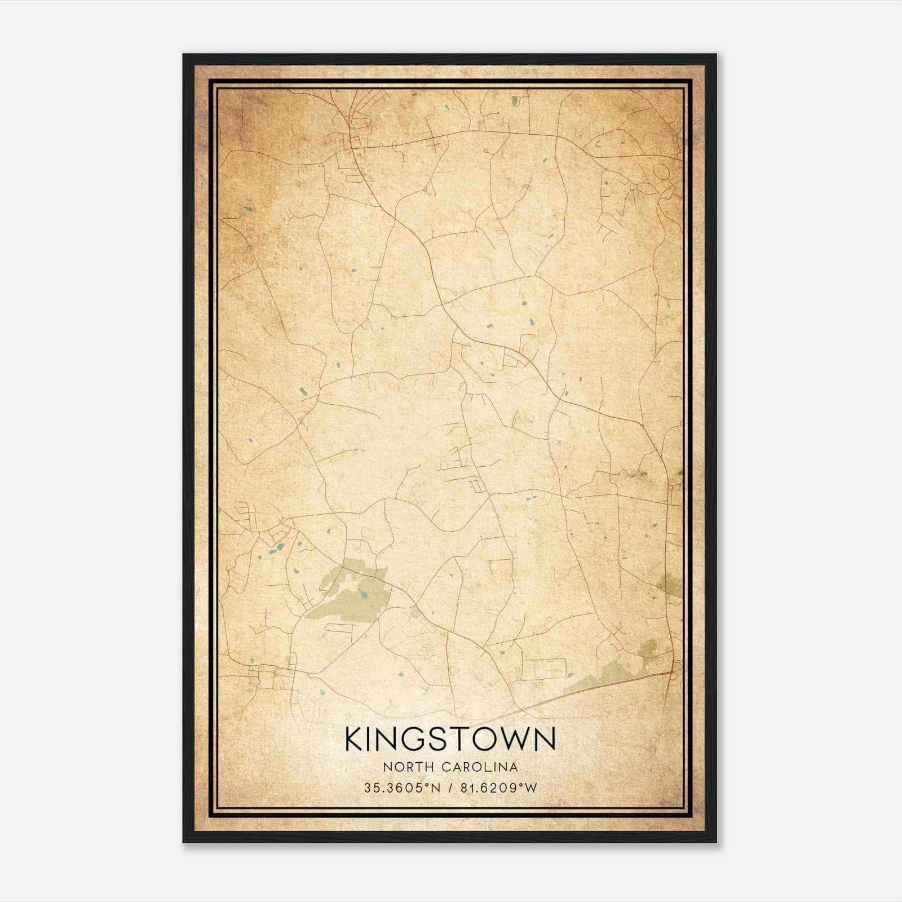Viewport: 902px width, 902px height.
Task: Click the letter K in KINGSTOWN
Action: (355, 739)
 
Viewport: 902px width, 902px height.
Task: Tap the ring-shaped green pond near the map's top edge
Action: (515, 101)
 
